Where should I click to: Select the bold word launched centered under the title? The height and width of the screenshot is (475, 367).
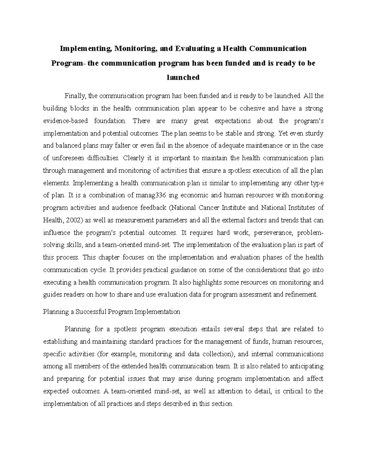183,77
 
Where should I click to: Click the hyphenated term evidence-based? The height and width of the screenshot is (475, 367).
65,121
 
